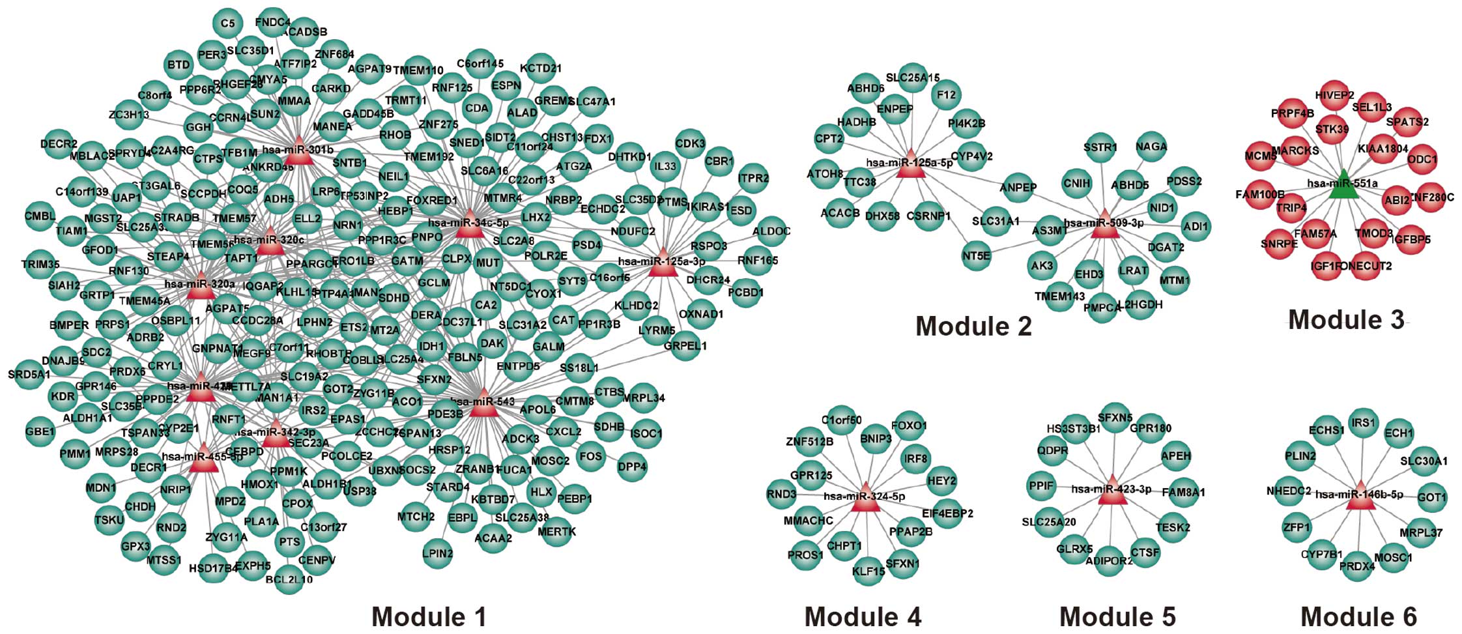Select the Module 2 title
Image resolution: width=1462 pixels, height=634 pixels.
973,326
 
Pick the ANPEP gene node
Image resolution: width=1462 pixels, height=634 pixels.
1018,188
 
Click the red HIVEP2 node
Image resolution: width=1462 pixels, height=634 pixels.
1334,96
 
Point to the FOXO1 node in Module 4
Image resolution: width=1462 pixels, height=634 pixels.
909,426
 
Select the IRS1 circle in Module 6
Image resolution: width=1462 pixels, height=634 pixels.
1363,423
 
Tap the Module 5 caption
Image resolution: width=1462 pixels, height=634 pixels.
1117,616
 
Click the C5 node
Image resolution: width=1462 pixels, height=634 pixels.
227,24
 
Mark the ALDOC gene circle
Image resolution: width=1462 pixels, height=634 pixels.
771,231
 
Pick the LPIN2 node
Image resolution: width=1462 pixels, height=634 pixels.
437,554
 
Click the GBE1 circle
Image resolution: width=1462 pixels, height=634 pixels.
40,431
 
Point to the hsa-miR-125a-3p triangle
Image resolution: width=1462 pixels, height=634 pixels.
663,262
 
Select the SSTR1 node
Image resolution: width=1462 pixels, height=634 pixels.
1100,148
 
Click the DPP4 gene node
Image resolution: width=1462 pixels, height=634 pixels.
631,467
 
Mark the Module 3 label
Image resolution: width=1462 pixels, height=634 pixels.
1346,320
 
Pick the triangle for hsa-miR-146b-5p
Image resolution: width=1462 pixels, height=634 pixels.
1359,496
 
